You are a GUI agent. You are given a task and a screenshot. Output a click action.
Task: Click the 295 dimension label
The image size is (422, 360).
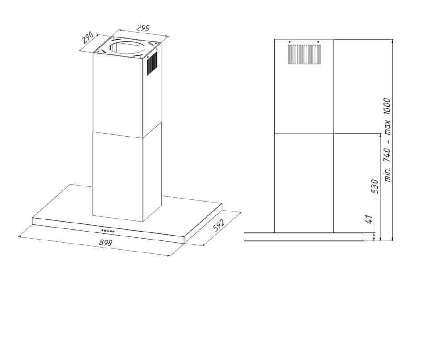coord(143,28)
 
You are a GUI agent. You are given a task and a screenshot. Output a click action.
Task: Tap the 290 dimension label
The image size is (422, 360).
coord(88,38)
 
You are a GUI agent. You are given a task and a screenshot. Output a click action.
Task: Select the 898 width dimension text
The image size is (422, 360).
coord(105,243)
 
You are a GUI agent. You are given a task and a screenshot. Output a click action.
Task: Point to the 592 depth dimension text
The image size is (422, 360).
coord(219,225)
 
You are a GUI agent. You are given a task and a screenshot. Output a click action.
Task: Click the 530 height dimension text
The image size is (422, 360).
coord(375,186)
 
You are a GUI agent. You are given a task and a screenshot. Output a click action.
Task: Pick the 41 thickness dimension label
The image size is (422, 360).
coord(369,219)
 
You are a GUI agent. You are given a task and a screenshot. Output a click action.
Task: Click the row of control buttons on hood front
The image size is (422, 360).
coord(108,231)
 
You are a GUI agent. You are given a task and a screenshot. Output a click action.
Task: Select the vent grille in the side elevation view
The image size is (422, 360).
coord(304,54)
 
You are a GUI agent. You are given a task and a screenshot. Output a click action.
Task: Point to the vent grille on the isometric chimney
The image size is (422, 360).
coord(152,64)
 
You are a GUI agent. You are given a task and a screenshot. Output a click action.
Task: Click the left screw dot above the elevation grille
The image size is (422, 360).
coord(290,42)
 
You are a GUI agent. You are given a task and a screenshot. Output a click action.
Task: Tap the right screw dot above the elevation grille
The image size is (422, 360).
coord(318,42)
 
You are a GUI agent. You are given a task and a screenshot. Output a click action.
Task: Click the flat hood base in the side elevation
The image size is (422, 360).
coord(304,237)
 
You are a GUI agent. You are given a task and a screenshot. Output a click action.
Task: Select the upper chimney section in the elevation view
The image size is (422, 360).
coord(304,87)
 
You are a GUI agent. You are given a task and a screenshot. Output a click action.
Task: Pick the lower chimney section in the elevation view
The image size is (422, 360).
coord(304,183)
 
